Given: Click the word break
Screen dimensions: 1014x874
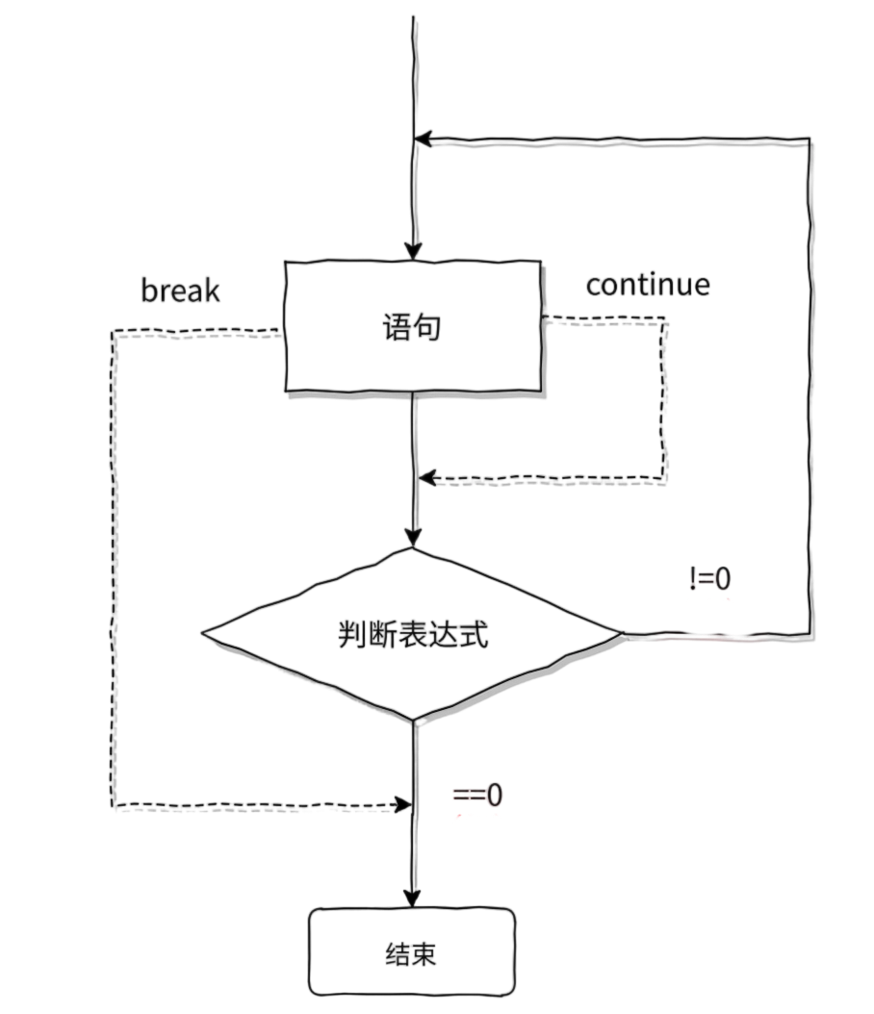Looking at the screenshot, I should pos(180,290).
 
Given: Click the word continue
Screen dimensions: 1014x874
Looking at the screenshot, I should pos(648,285).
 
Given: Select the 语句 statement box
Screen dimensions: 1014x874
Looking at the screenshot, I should pos(412,327).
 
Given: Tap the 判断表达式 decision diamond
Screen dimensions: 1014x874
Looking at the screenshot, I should pos(413,634).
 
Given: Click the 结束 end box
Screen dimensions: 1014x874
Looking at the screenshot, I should pos(412,952).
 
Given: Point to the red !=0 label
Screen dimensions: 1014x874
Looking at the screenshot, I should pos(710,579).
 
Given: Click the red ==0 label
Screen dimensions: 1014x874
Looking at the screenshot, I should pos(477,796).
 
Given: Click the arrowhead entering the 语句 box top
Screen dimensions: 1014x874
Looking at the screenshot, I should pos(413,252).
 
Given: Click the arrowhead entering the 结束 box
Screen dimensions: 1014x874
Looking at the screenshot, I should pos(413,900).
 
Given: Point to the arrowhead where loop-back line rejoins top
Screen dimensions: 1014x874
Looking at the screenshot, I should pos(421,140).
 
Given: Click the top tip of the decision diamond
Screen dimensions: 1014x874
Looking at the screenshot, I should pos(413,548).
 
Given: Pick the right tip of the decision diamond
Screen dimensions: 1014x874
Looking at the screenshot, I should pos(621,633).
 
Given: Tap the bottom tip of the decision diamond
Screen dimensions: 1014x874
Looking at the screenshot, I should pos(413,719).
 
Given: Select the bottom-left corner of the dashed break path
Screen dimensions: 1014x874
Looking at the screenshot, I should pos(114,805).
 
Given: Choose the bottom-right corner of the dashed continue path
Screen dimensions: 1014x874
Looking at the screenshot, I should pos(664,478).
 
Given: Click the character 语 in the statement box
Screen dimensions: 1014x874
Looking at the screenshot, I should pos(396,328).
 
